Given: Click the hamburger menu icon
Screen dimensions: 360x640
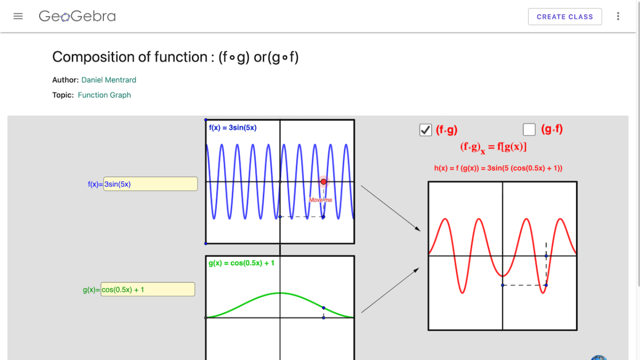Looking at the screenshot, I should coord(18,16).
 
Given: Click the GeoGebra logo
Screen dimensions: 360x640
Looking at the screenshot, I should coord(77,17).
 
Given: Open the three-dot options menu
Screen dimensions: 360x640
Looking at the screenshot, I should coord(618,17).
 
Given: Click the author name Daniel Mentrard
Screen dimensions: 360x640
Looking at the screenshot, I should coord(109,80).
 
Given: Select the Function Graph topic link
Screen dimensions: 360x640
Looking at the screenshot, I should coord(104,95).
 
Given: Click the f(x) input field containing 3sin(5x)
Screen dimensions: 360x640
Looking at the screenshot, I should coord(150,184).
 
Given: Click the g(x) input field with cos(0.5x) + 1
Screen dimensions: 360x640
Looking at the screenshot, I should coord(148,290).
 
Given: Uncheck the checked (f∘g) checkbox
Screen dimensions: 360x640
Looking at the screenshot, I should coord(426,130).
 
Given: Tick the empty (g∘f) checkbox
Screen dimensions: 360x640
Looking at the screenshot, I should coord(529,130).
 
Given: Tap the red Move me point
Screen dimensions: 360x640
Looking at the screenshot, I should coord(323,182).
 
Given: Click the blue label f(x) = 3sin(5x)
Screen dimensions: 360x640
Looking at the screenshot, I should coord(233,127).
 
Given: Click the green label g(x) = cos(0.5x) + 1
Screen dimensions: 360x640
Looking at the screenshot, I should coord(241,263).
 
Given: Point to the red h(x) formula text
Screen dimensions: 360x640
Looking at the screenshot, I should coord(498,168).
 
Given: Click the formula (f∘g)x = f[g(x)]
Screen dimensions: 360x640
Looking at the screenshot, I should coord(493,147).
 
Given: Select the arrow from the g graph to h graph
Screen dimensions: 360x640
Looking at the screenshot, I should coord(390,291).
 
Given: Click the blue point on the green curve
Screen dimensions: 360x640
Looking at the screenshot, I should coord(324,308).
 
